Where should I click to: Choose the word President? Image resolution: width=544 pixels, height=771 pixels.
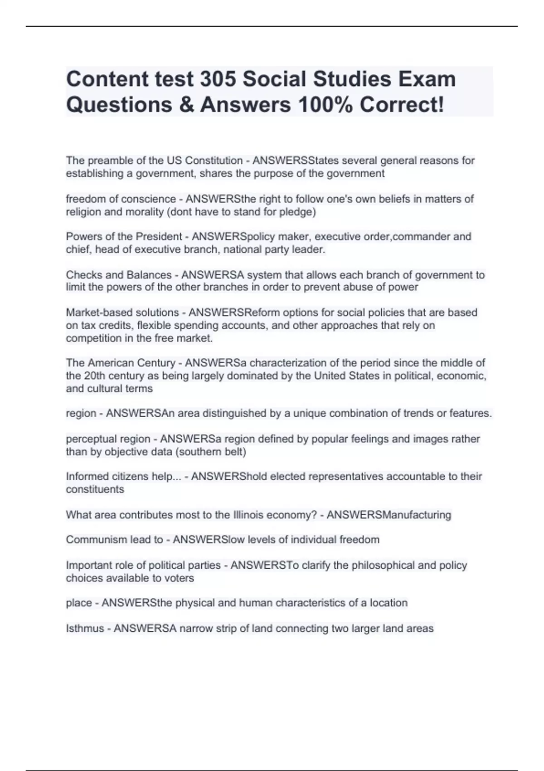click(159, 237)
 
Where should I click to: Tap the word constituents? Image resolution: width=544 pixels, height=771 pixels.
click(95, 489)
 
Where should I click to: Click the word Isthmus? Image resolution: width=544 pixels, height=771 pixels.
click(85, 629)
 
